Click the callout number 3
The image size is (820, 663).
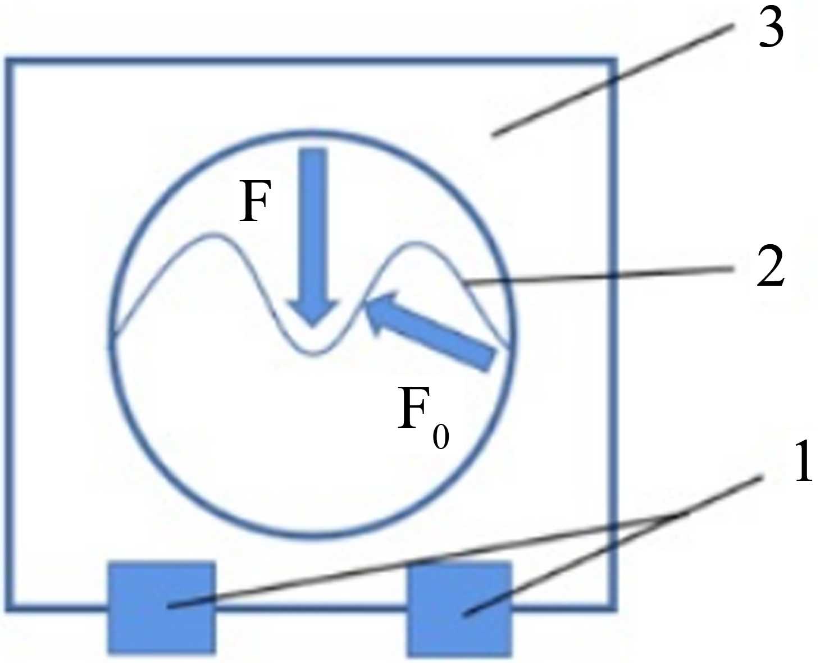[771, 28]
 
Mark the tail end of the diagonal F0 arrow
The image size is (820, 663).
[487, 359]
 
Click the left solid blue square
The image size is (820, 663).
[161, 607]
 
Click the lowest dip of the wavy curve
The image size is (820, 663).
[315, 353]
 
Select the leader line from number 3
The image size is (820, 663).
[612, 79]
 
